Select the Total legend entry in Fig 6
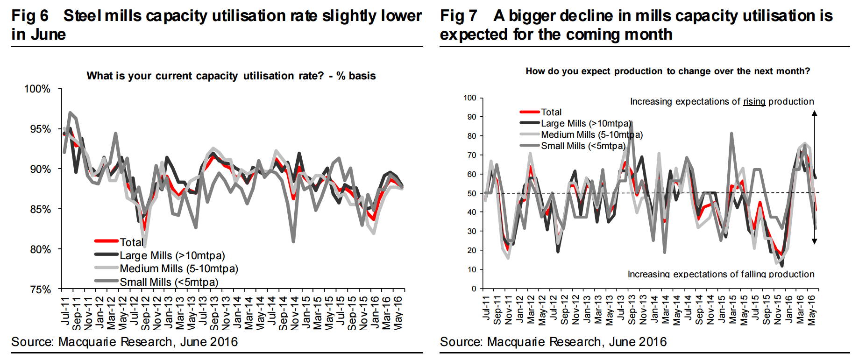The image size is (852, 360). [131, 242]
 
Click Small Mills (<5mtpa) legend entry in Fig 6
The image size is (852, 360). [169, 282]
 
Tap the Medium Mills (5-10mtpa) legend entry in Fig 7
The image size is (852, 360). [591, 134]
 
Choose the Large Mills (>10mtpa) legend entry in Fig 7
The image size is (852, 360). [586, 123]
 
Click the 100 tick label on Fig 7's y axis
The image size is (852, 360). [469, 98]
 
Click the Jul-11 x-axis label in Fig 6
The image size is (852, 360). [65, 311]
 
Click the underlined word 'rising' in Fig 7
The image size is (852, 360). [754, 101]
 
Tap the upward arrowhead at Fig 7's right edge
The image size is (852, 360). [814, 113]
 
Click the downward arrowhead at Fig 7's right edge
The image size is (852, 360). [814, 241]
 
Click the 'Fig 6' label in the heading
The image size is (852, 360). [30, 16]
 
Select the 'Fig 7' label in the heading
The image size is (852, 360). [458, 16]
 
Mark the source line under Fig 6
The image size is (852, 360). [125, 342]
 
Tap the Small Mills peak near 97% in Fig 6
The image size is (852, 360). [70, 113]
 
